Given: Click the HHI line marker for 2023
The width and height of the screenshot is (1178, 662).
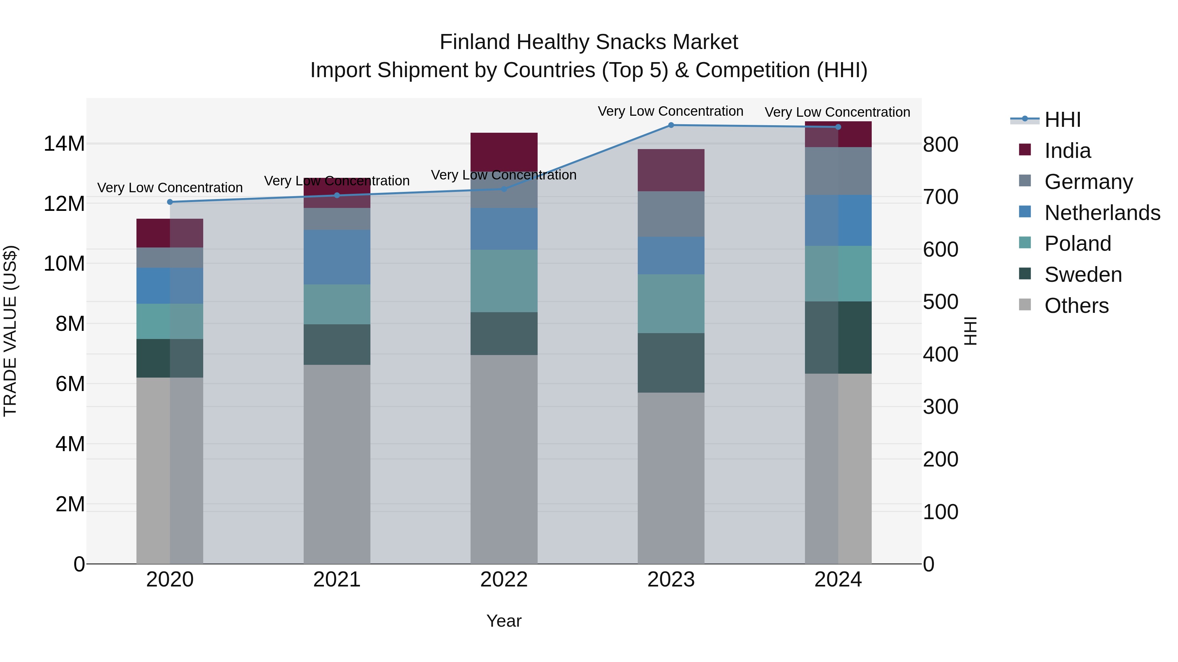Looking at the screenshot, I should click(671, 125).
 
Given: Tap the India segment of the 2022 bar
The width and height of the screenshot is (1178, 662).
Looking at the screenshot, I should click(504, 152).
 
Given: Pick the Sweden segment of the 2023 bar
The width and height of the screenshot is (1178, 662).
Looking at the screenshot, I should click(671, 363).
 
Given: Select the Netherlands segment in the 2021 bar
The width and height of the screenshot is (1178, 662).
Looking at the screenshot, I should click(337, 257).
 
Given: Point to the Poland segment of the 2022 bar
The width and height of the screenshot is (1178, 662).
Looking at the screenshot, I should click(504, 281).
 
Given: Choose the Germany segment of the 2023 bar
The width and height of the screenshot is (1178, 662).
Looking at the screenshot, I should click(671, 214).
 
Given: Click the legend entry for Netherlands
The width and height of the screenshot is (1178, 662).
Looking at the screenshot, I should click(1102, 213).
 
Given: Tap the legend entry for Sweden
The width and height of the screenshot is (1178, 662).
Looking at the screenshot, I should click(1083, 275).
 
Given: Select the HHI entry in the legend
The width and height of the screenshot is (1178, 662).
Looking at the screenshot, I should click(1062, 120).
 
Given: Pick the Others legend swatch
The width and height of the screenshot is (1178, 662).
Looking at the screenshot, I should click(1025, 305).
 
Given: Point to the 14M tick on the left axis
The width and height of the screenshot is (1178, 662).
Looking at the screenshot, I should click(64, 144).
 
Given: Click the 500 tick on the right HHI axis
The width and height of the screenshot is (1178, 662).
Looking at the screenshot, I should click(940, 302).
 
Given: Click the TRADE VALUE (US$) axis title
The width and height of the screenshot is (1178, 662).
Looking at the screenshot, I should click(10, 331).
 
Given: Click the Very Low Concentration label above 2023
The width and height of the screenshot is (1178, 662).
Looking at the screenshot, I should click(670, 111).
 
